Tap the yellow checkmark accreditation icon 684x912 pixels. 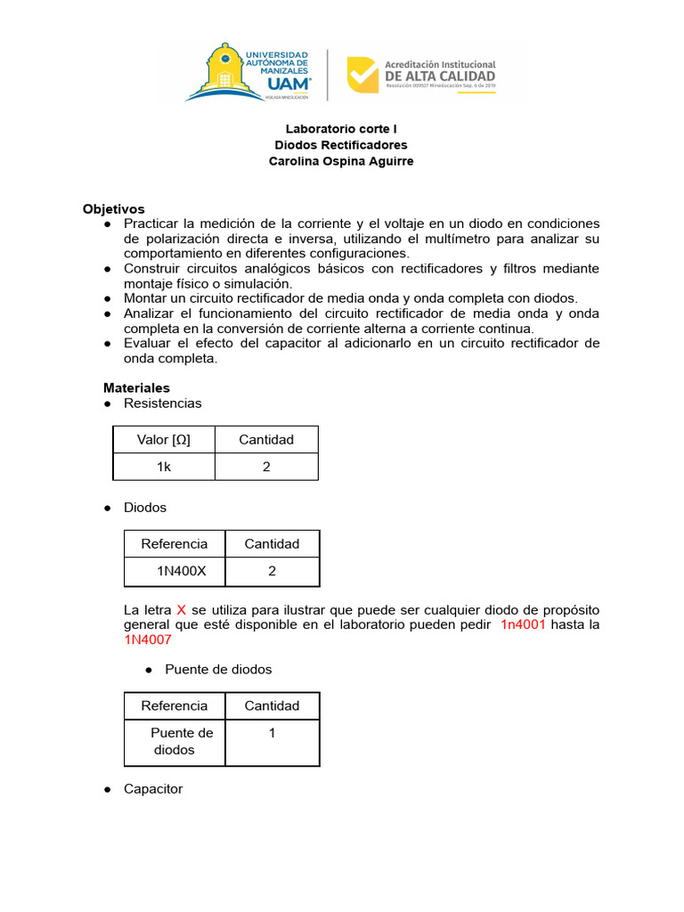click(x=362, y=75)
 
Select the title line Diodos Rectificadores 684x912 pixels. click(x=340, y=144)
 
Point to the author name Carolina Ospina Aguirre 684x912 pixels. click(x=340, y=160)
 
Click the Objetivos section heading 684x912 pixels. click(x=113, y=208)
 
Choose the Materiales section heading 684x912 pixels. click(x=136, y=387)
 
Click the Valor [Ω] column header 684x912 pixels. click(x=163, y=439)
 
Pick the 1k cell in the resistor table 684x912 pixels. click(x=163, y=467)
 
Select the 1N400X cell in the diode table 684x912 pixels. click(x=181, y=571)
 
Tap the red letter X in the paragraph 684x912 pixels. click(x=181, y=610)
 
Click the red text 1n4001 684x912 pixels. click(x=523, y=625)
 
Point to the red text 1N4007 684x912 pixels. click(x=147, y=639)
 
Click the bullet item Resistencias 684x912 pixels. click(x=162, y=403)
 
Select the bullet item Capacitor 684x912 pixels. click(x=153, y=789)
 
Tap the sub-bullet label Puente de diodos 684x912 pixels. click(x=218, y=669)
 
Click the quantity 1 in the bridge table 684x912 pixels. click(x=272, y=733)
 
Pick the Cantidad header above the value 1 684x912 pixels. click(x=272, y=705)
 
